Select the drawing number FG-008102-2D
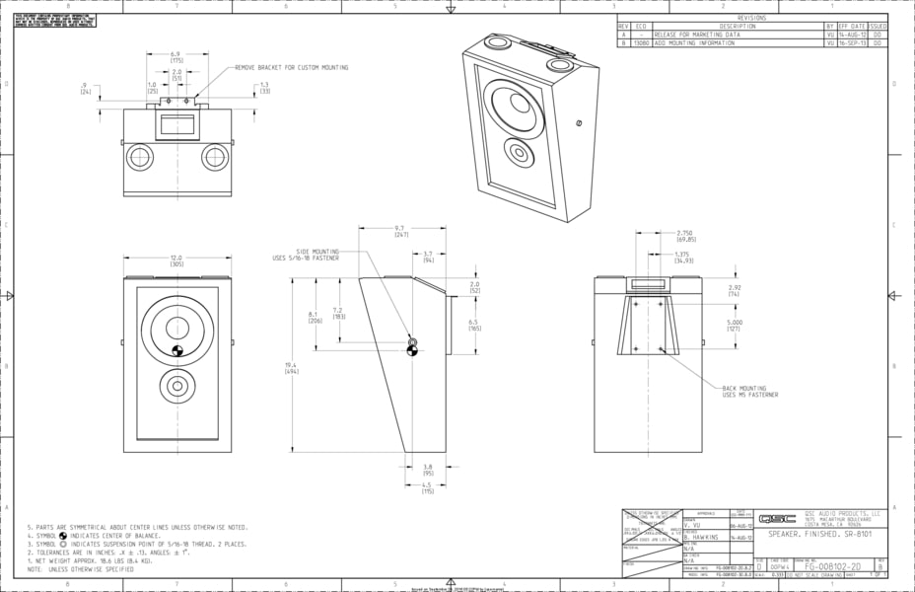(x=832, y=567)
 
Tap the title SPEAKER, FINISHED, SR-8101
(x=821, y=534)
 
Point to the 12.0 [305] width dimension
(x=177, y=261)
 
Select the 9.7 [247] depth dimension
(x=400, y=233)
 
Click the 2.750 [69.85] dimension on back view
(x=686, y=236)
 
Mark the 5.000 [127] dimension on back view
(x=734, y=325)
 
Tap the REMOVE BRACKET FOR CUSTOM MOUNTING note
(x=291, y=68)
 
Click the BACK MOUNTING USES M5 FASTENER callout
(x=748, y=392)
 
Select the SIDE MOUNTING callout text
(x=306, y=256)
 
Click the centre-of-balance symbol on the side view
(x=412, y=349)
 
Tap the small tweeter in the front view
(x=177, y=385)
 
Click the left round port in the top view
(x=140, y=157)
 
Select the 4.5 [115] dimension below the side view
(x=428, y=487)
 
